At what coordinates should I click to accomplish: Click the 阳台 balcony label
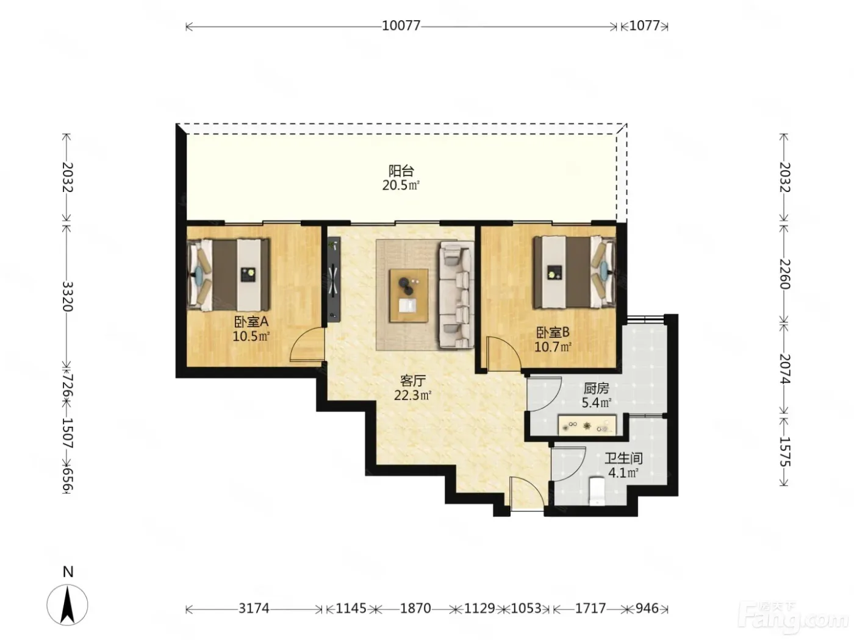[x=401, y=171]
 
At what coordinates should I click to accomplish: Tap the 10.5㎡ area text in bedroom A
[x=251, y=336]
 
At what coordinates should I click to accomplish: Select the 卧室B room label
[x=553, y=332]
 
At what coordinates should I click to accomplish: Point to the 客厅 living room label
[x=413, y=380]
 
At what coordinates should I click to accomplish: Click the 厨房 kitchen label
[x=596, y=388]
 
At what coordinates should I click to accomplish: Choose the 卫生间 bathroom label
[x=623, y=458]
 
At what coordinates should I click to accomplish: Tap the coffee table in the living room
[x=409, y=296]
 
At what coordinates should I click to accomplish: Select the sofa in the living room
[x=457, y=294]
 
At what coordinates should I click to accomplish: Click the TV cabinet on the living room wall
[x=334, y=280]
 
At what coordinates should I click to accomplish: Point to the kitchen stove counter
[x=587, y=425]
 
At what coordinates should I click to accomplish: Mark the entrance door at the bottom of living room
[x=527, y=494]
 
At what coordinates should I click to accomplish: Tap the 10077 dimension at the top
[x=401, y=26]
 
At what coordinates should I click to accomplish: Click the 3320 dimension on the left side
[x=67, y=297]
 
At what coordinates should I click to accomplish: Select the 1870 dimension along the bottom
[x=415, y=608]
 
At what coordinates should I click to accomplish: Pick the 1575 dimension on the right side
[x=784, y=451]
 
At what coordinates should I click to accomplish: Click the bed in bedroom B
[x=574, y=273]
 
